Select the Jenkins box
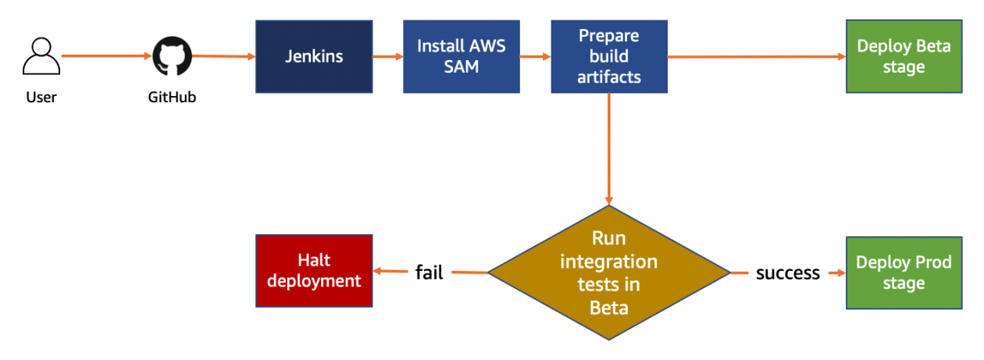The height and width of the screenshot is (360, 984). click(x=313, y=57)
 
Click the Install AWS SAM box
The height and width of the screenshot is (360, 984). click(x=461, y=57)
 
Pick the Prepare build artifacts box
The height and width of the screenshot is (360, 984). click(x=609, y=57)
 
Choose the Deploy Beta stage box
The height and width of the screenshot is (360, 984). click(x=904, y=57)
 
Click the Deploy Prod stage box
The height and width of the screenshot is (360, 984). click(x=904, y=273)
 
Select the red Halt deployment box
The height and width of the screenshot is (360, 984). click(x=314, y=270)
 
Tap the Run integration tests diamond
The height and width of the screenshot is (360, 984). click(x=608, y=273)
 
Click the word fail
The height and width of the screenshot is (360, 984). click(x=429, y=273)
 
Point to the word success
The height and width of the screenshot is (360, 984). click(x=787, y=273)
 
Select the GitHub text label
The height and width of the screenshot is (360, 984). click(x=171, y=98)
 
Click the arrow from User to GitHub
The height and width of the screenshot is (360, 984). click(x=105, y=56)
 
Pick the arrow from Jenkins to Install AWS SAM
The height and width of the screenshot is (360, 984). click(x=387, y=57)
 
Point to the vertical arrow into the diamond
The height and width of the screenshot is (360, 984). click(x=608, y=148)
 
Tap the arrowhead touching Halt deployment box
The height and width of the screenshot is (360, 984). click(x=379, y=272)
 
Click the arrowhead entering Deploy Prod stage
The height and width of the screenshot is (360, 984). click(x=840, y=273)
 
